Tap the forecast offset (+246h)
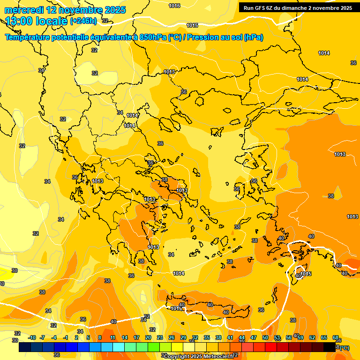tap(83, 21)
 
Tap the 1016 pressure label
tap(174, 6)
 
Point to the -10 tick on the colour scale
tap(32, 337)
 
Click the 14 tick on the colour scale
tap(125, 337)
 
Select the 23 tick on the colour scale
tap(160, 337)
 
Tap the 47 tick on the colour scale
tap(254, 337)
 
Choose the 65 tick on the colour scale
tap(324, 337)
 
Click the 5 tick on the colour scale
tap(88, 337)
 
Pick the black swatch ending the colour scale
tap(330, 347)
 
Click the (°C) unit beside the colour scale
tap(344, 348)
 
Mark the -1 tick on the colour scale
tap(66, 337)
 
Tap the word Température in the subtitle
tap(33, 37)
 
